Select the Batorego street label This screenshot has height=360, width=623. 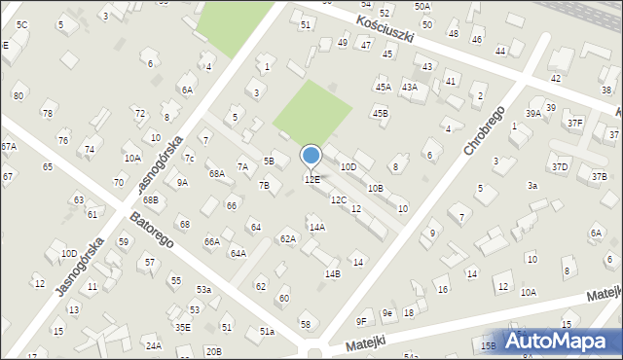point(150,231)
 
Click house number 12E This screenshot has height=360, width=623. point(311,180)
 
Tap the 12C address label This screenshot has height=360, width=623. point(338,199)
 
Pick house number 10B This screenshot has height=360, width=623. point(375,188)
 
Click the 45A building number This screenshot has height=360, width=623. point(384,87)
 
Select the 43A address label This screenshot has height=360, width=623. point(410,87)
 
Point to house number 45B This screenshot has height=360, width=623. point(380,113)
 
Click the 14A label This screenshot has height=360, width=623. point(316,227)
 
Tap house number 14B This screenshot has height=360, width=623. point(333,273)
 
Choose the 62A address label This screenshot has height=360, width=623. point(287,238)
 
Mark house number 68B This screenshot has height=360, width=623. point(150,200)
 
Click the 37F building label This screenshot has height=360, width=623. point(575,123)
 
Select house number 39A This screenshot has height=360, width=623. point(533,114)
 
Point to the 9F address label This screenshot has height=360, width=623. point(361,321)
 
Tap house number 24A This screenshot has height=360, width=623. point(153,345)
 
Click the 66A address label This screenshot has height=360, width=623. point(211,241)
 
